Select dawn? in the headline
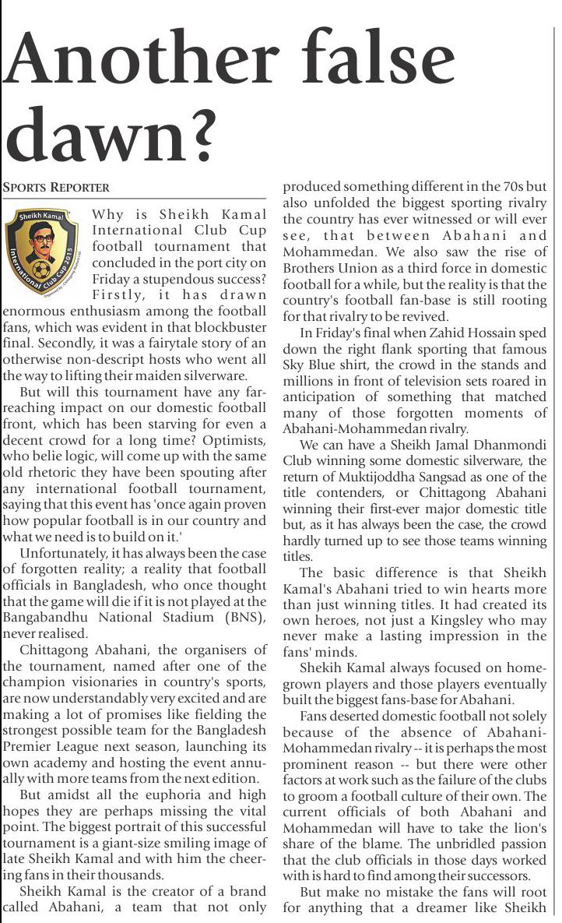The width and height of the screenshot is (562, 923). pyautogui.click(x=110, y=139)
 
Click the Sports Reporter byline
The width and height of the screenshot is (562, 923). pyautogui.click(x=56, y=188)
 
